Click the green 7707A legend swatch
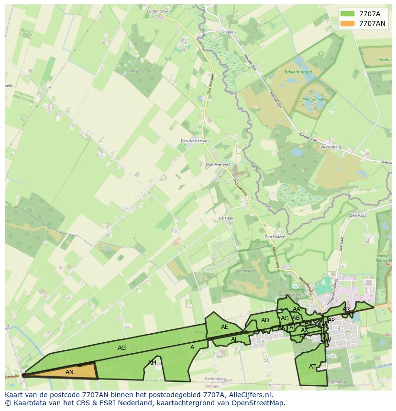(348, 14)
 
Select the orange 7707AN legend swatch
(348, 23)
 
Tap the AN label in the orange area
(69, 372)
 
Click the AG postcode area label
(122, 348)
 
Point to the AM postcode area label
(152, 363)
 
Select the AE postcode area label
(224, 327)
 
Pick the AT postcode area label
(312, 367)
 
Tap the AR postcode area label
(346, 309)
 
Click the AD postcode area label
(265, 320)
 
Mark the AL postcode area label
(234, 339)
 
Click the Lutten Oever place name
(159, 11)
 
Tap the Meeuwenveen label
(314, 99)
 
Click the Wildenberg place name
(331, 147)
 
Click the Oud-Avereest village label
(218, 164)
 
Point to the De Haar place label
(225, 218)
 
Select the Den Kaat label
(357, 215)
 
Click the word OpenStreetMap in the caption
(261, 403)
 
